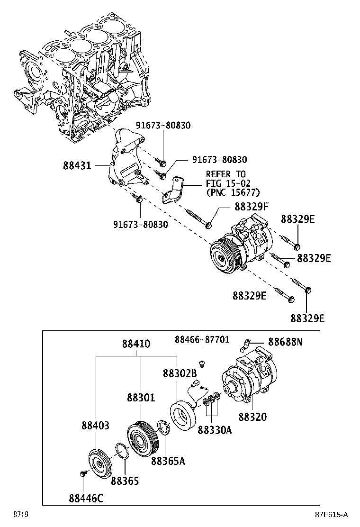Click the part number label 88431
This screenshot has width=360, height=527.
(78, 165)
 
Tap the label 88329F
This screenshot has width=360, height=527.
(251, 207)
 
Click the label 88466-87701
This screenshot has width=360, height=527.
(202, 340)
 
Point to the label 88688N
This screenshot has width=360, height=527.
(285, 341)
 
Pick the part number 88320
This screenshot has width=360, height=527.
(252, 417)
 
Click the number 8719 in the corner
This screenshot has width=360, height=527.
(19, 515)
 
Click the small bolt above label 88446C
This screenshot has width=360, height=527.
(82, 473)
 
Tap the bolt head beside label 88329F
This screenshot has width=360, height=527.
(208, 224)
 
